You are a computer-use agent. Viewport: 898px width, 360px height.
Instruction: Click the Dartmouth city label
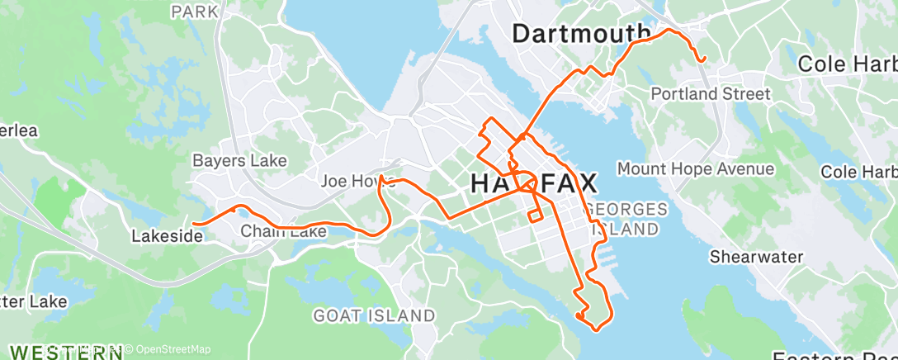tap(581, 33)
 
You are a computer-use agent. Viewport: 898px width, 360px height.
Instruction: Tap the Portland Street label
tap(711, 94)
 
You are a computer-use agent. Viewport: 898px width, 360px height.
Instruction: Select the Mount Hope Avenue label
tap(696, 169)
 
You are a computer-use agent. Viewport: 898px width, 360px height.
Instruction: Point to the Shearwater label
tap(756, 257)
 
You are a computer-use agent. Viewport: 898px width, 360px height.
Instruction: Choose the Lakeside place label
tap(167, 236)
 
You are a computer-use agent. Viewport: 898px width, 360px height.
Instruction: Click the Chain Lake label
tap(283, 233)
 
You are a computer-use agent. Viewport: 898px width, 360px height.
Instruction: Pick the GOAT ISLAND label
tap(374, 315)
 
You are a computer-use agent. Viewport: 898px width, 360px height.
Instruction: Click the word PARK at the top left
tap(196, 12)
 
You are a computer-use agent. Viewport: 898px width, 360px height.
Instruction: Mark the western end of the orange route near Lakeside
tap(194, 223)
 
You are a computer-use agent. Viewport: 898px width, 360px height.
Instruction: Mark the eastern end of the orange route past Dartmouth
tap(703, 60)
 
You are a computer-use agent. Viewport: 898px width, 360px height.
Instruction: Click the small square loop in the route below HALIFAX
tap(536, 216)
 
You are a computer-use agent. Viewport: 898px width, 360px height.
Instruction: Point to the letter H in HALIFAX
tap(482, 184)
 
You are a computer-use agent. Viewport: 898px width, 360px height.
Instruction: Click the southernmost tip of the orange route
tap(595, 328)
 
